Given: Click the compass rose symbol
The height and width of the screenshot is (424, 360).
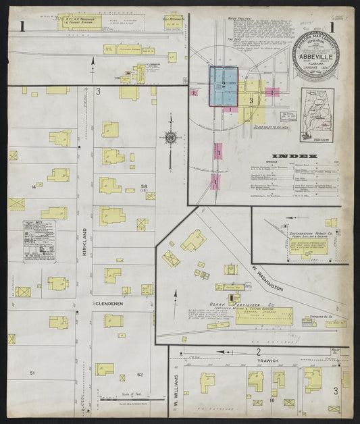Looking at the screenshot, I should coord(171,138).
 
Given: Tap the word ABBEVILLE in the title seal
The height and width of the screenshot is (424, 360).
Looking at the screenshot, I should coord(315,57).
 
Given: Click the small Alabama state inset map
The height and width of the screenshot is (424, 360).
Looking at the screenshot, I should coord(317,115).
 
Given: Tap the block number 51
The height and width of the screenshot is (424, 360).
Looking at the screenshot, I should coord(32,373).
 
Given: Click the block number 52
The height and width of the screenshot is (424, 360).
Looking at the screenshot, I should coord(140,375).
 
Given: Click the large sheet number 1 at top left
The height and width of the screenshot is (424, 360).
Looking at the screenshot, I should coord(23,26).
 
